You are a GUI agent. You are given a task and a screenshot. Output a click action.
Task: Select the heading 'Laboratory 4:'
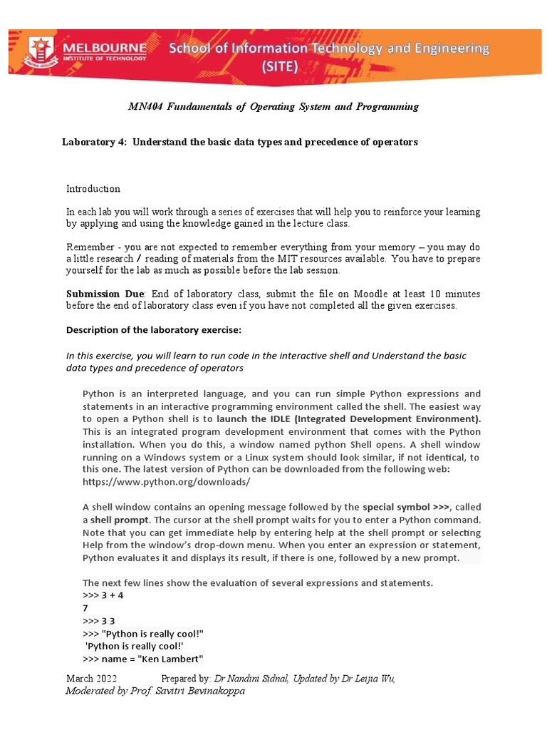[x=94, y=142]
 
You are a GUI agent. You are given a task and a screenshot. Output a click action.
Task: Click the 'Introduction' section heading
[x=93, y=189]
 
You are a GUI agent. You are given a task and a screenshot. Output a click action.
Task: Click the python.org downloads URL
[x=166, y=481]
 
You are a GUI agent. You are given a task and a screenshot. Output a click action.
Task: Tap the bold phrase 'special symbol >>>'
[x=406, y=507]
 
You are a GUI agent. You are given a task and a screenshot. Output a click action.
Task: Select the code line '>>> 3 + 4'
[x=103, y=595]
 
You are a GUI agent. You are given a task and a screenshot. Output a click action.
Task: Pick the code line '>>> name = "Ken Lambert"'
[x=143, y=658]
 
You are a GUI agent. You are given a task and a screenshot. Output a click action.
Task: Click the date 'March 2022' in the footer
[x=92, y=679]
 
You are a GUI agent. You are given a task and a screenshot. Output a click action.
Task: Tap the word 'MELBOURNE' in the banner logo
[x=105, y=48]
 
